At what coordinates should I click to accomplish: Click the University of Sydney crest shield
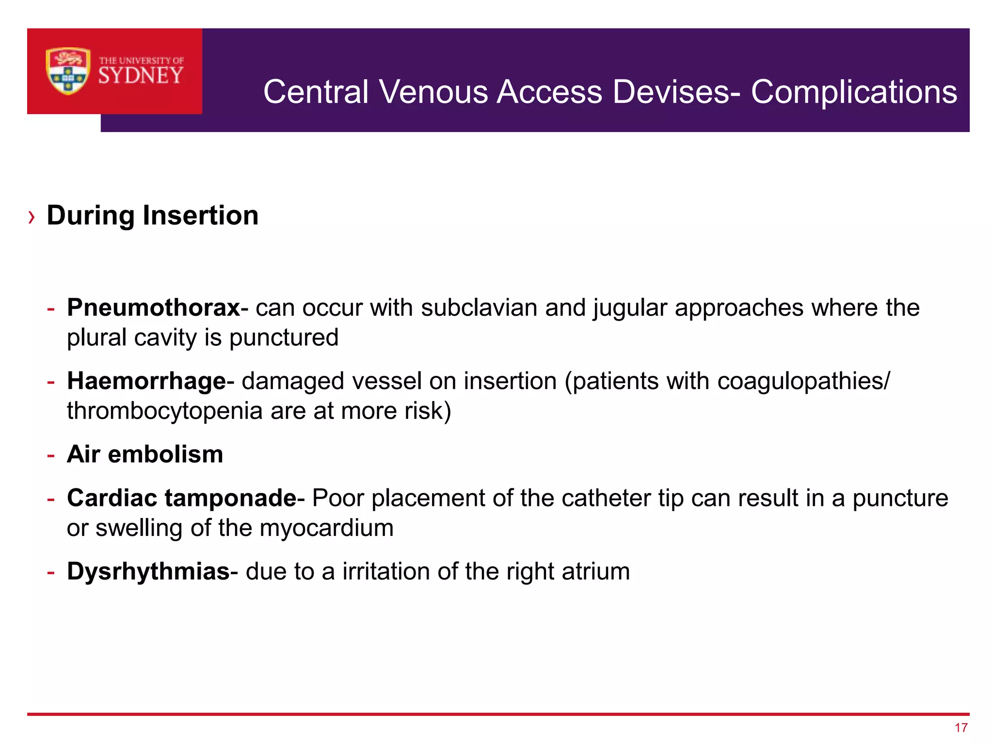coord(68,71)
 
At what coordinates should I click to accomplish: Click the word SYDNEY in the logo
coord(141,76)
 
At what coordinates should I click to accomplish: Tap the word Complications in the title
coord(854,92)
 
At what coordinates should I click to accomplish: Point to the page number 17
coord(961,728)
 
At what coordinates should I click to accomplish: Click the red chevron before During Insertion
coord(32,217)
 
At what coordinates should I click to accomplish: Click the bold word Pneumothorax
coord(153,308)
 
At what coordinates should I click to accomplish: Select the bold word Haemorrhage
coord(146,381)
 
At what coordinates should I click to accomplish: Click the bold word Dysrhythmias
coord(148,571)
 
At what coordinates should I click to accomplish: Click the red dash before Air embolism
coord(51,455)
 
